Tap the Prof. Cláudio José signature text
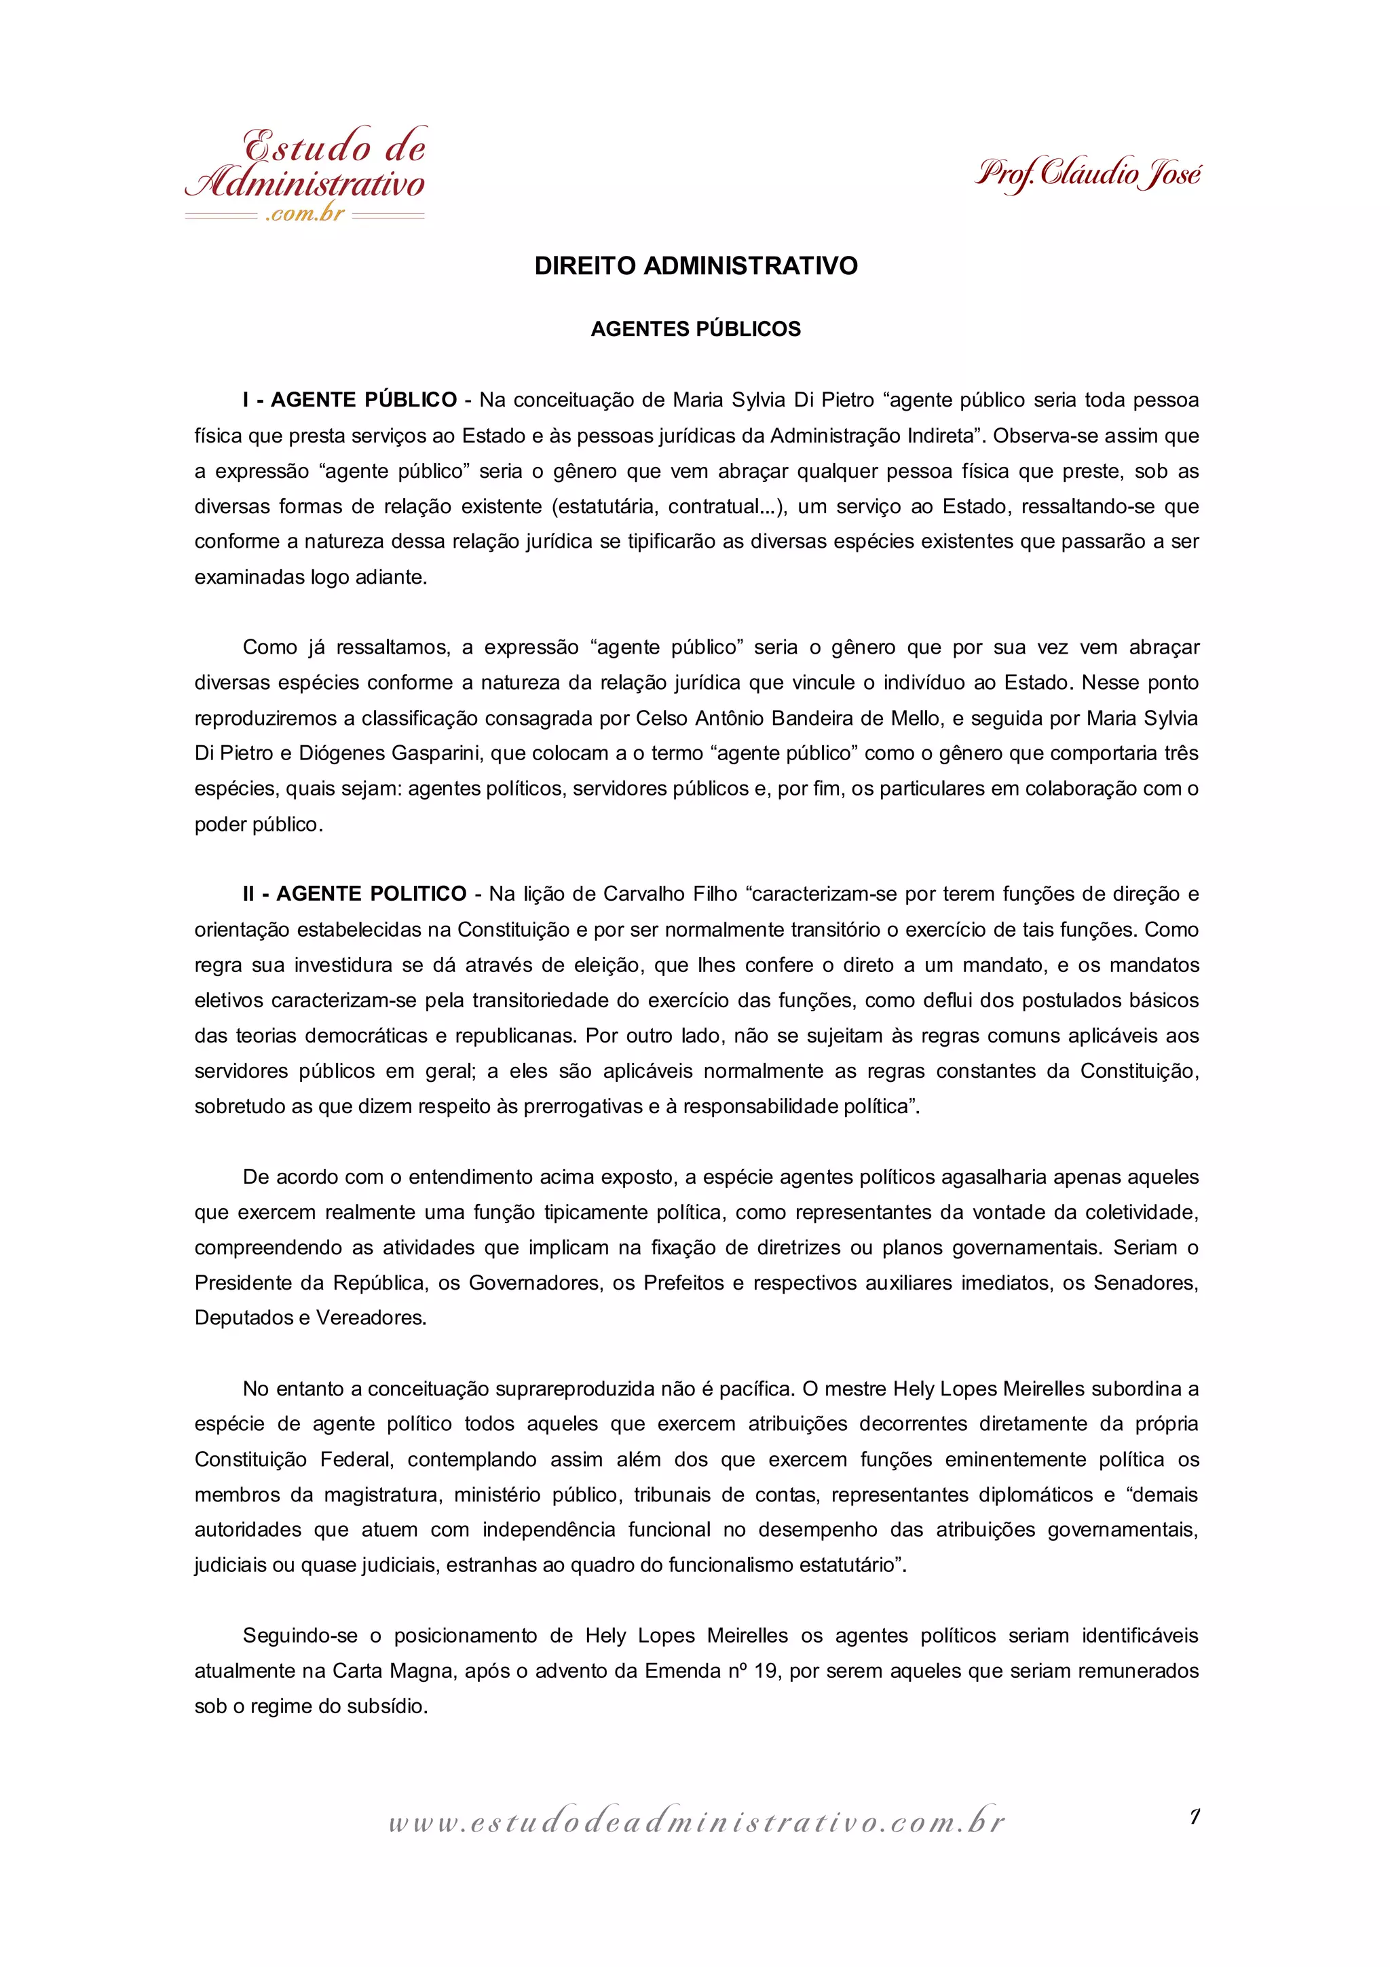(x=1088, y=174)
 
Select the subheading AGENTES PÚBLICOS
(x=696, y=329)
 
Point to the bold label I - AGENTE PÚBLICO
(x=350, y=400)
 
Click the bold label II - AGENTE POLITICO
(x=354, y=895)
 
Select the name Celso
(x=660, y=718)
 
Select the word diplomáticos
(x=1032, y=1495)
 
